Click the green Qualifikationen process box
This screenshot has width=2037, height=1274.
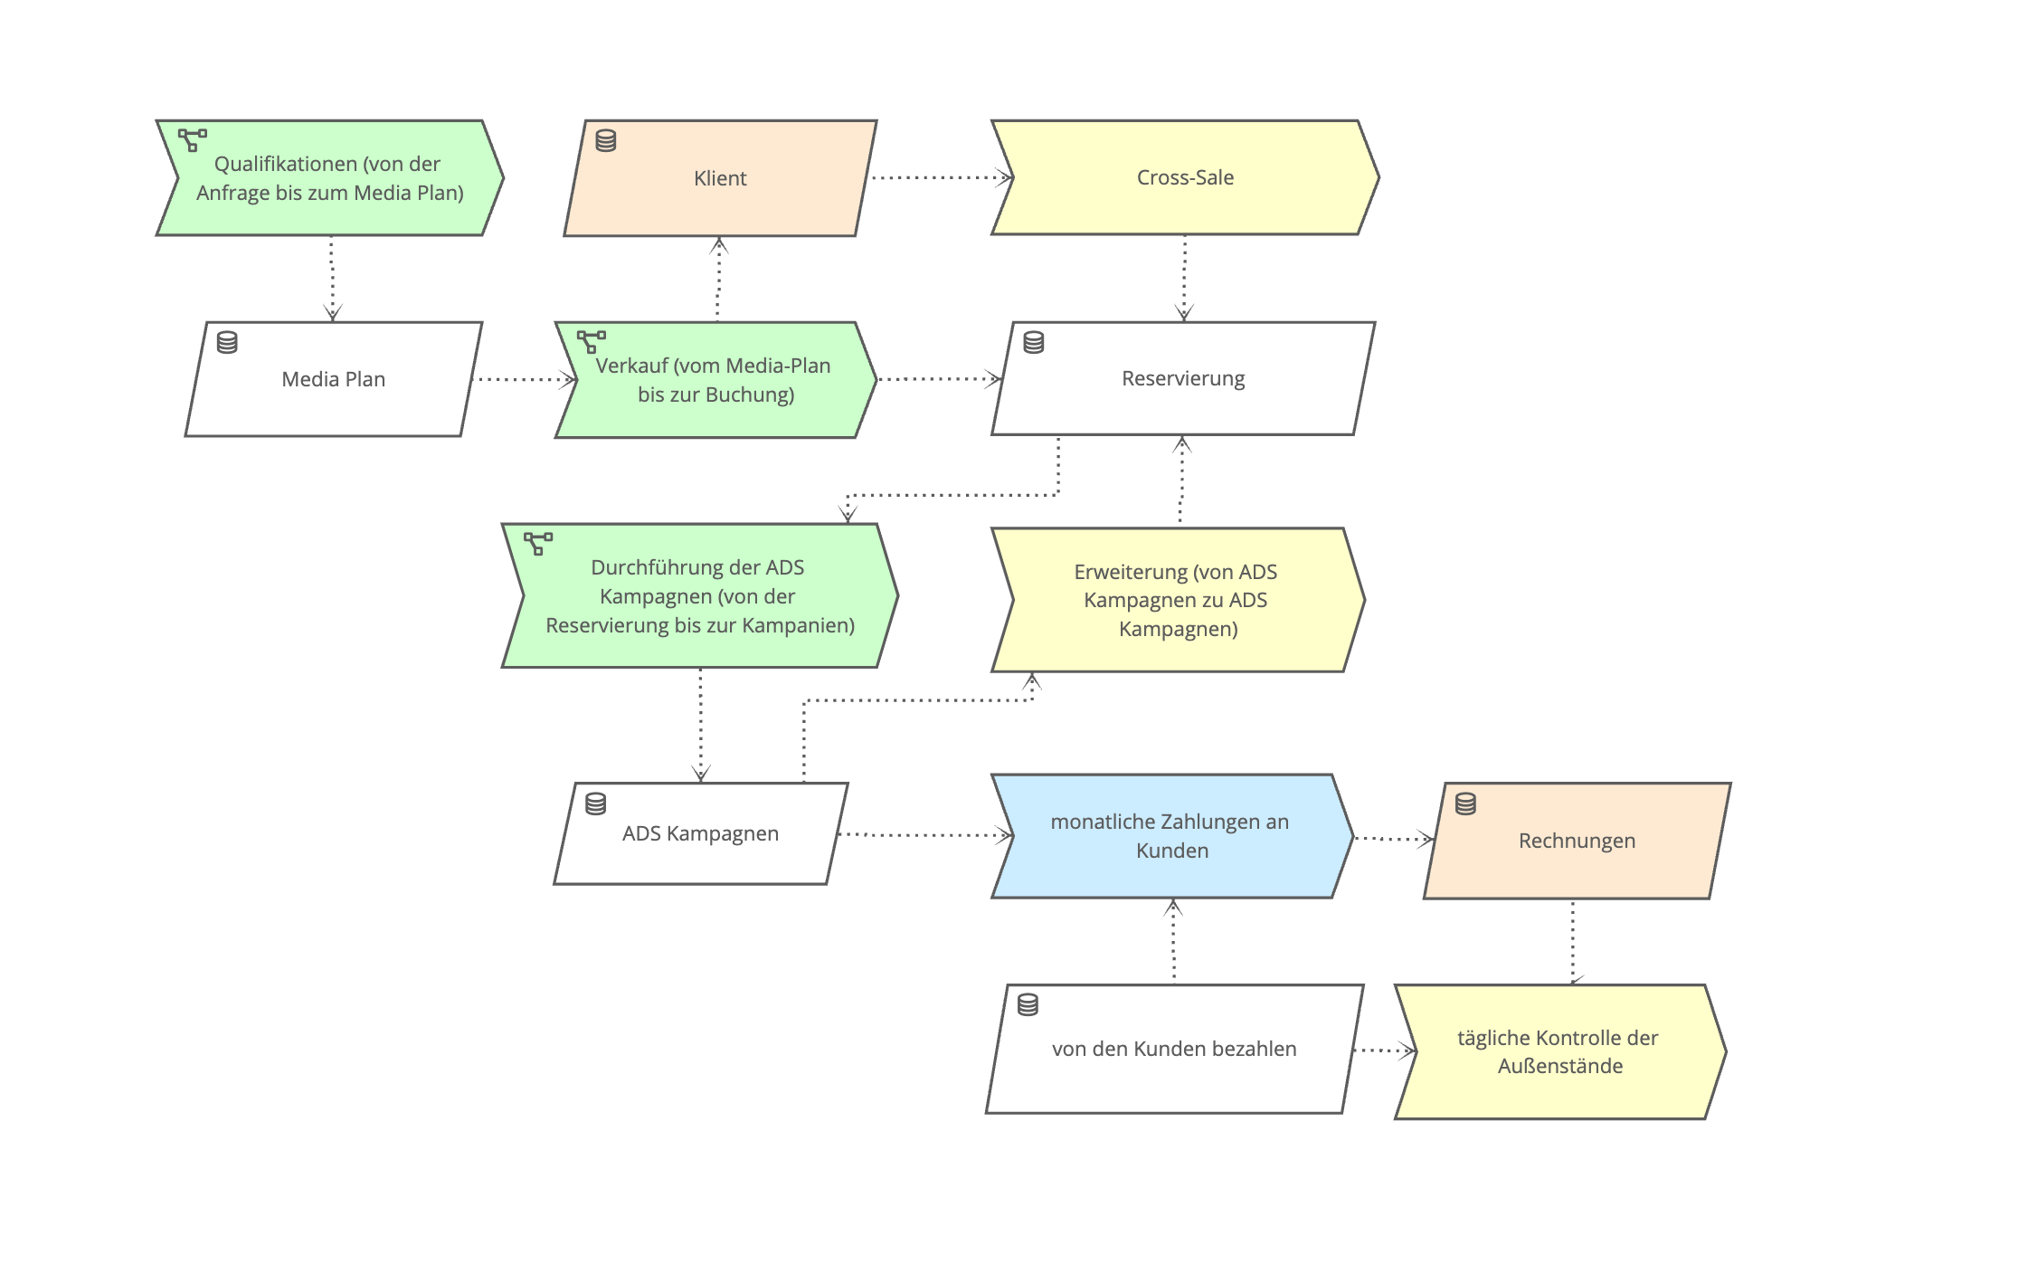(330, 178)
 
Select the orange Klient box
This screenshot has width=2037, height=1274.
(720, 178)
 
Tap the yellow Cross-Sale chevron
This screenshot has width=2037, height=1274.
(1185, 177)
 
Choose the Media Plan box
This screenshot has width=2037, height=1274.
(333, 379)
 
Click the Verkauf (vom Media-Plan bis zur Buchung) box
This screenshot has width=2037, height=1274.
(715, 380)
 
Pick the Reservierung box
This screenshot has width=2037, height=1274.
(1183, 378)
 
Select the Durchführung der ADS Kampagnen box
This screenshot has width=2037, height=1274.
(699, 596)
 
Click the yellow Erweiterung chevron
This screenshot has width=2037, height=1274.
(1177, 600)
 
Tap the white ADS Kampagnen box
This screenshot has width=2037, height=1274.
(700, 833)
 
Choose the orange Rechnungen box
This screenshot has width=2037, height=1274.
(1577, 841)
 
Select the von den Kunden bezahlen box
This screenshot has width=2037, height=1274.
(1173, 1049)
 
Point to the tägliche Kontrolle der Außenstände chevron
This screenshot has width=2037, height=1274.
(1559, 1051)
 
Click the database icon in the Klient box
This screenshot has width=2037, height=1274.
(606, 140)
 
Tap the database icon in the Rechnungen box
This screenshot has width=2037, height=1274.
(1465, 803)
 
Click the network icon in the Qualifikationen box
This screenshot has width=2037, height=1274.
(192, 139)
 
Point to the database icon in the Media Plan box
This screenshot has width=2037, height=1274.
(227, 342)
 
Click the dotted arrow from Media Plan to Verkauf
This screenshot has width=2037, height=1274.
(523, 379)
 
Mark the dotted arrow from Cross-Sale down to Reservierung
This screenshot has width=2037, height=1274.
(1184, 276)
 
